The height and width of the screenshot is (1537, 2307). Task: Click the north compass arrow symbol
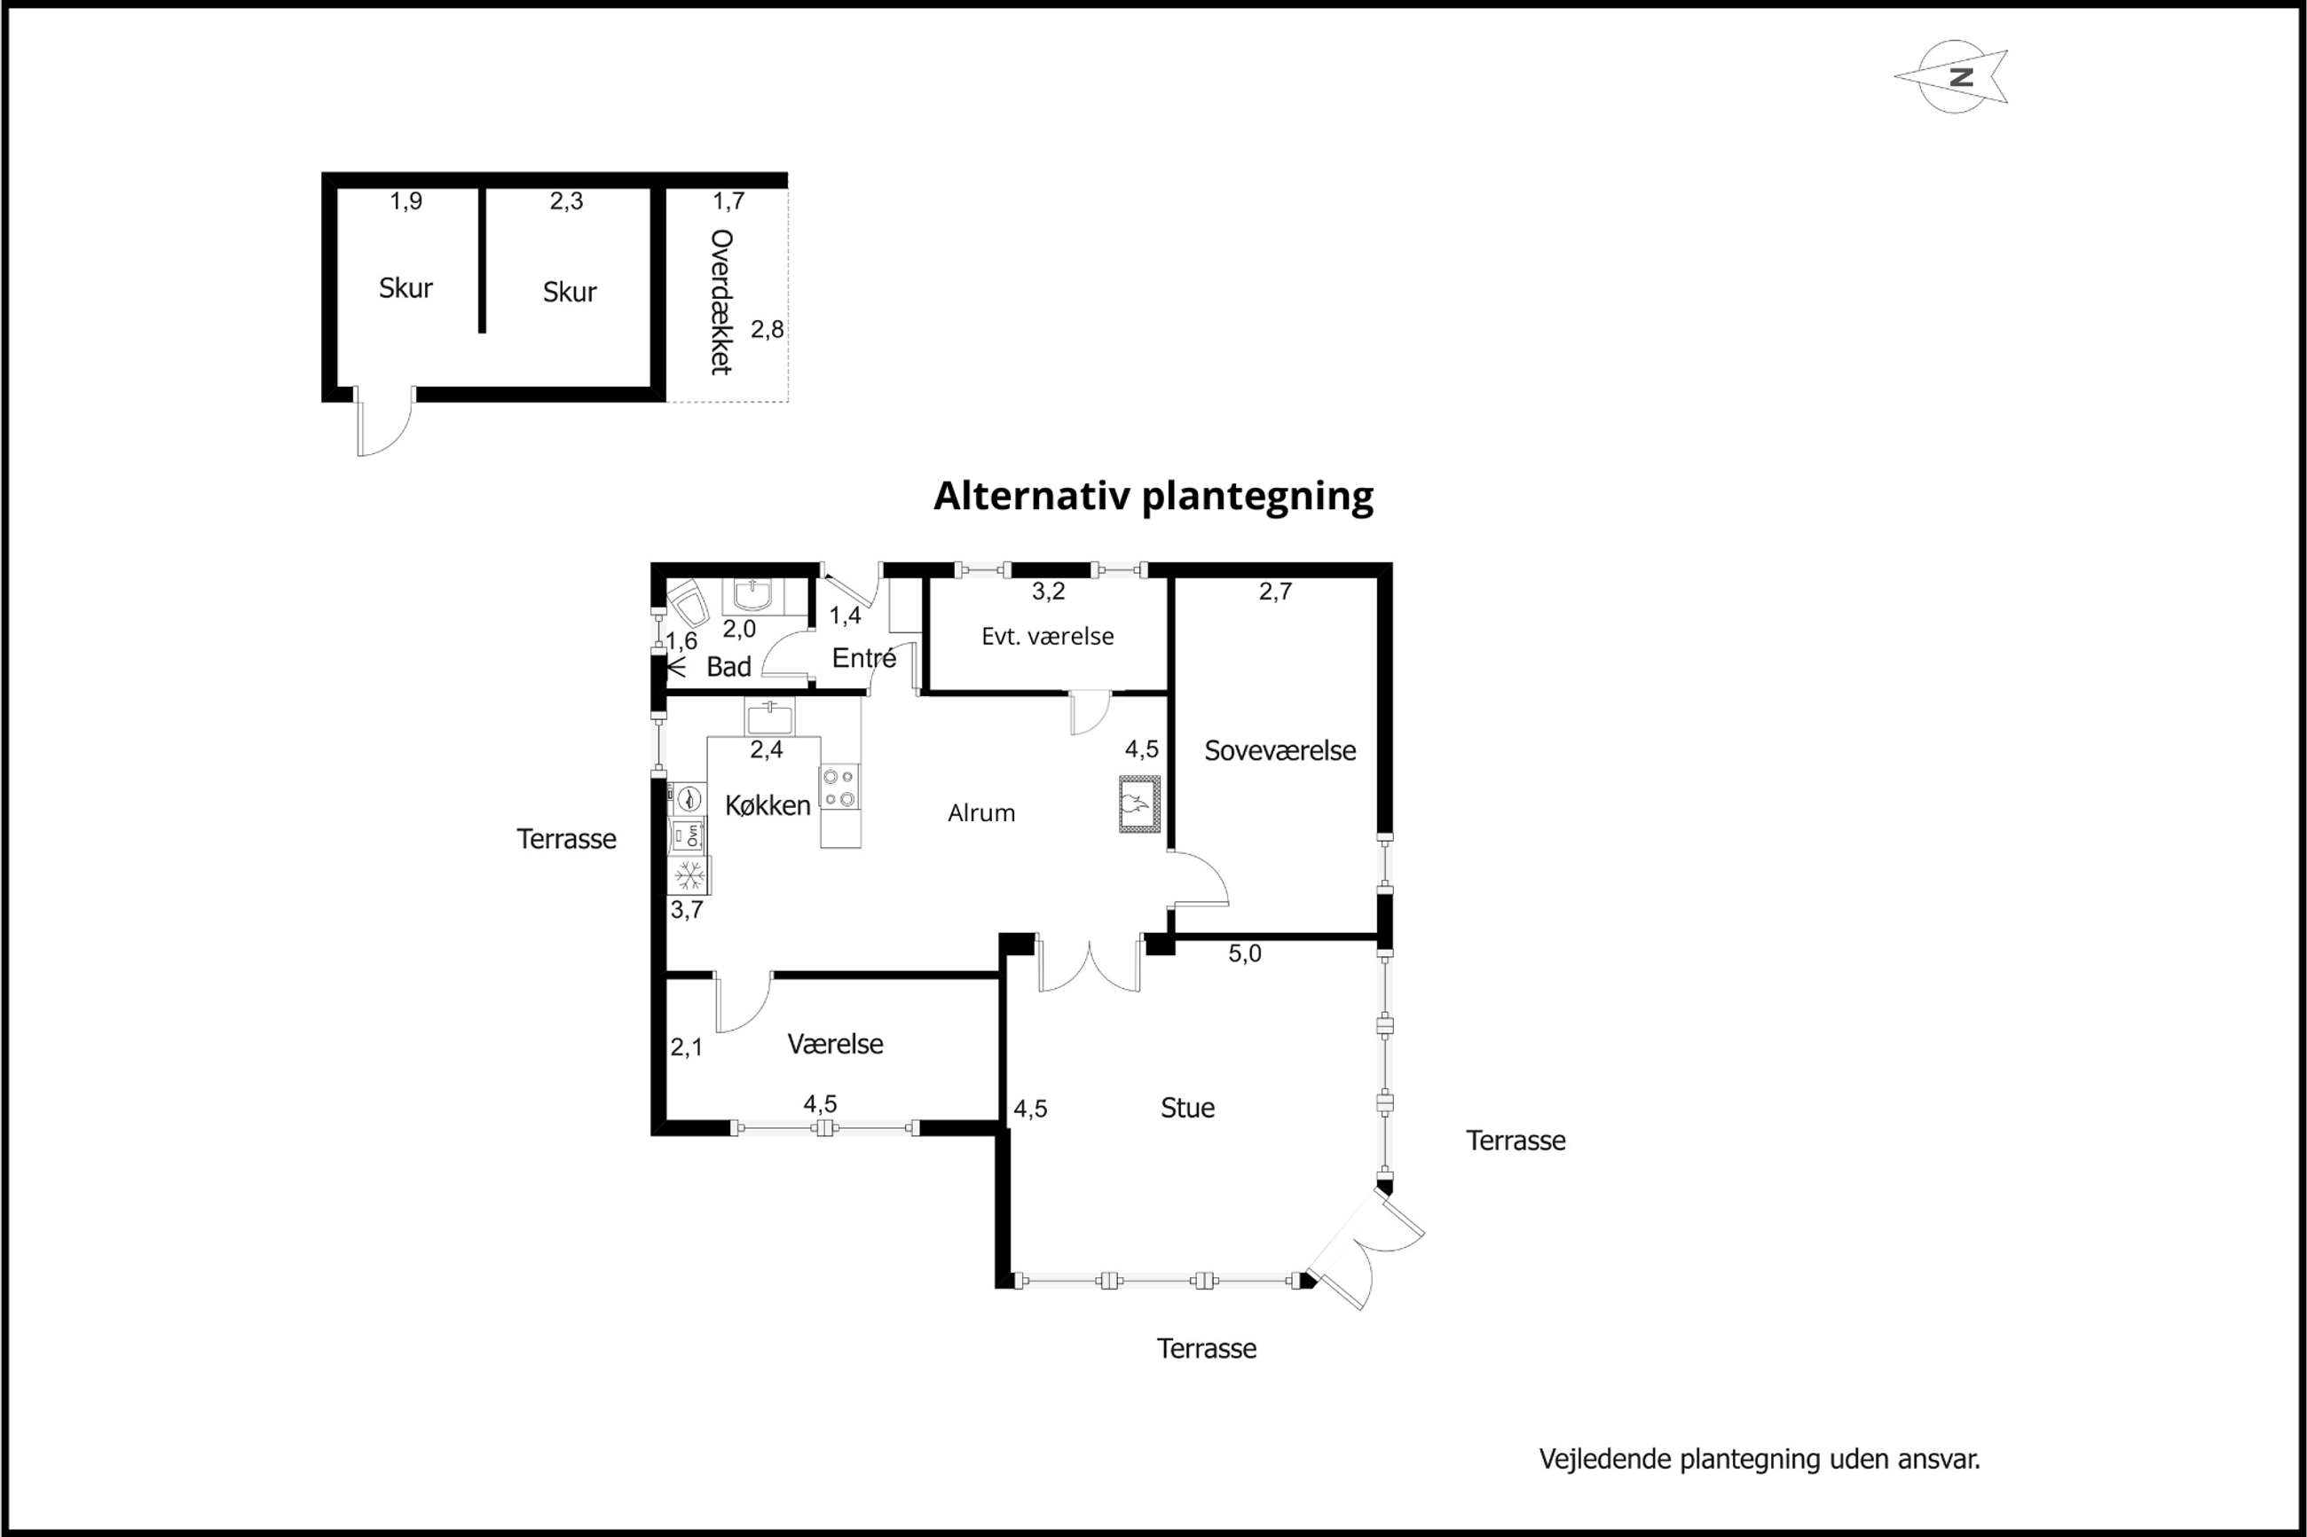point(1952,77)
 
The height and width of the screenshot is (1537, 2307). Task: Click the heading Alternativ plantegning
point(1153,497)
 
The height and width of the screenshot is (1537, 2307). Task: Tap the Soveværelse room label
point(1280,751)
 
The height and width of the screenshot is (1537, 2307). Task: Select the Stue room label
point(1187,1108)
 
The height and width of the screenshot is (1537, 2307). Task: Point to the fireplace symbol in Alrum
point(1139,804)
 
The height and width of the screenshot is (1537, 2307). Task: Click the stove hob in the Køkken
point(839,788)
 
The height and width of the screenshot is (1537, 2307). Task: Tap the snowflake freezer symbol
point(689,874)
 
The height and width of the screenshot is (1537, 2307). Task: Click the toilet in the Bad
point(689,603)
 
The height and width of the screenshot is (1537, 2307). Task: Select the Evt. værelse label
point(1047,636)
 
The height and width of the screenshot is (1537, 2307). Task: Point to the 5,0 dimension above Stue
point(1244,953)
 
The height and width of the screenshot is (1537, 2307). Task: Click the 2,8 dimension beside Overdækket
point(768,329)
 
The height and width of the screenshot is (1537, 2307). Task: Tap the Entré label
point(863,658)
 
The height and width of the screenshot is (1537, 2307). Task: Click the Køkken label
point(768,804)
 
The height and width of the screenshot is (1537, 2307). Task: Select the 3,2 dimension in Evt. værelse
point(1048,591)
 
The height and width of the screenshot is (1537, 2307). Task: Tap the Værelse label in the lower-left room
point(835,1044)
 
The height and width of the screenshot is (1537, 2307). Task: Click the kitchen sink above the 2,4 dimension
point(768,717)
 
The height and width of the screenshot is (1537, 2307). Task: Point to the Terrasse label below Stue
point(1207,1348)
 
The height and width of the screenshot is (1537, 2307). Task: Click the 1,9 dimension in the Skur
point(405,201)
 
